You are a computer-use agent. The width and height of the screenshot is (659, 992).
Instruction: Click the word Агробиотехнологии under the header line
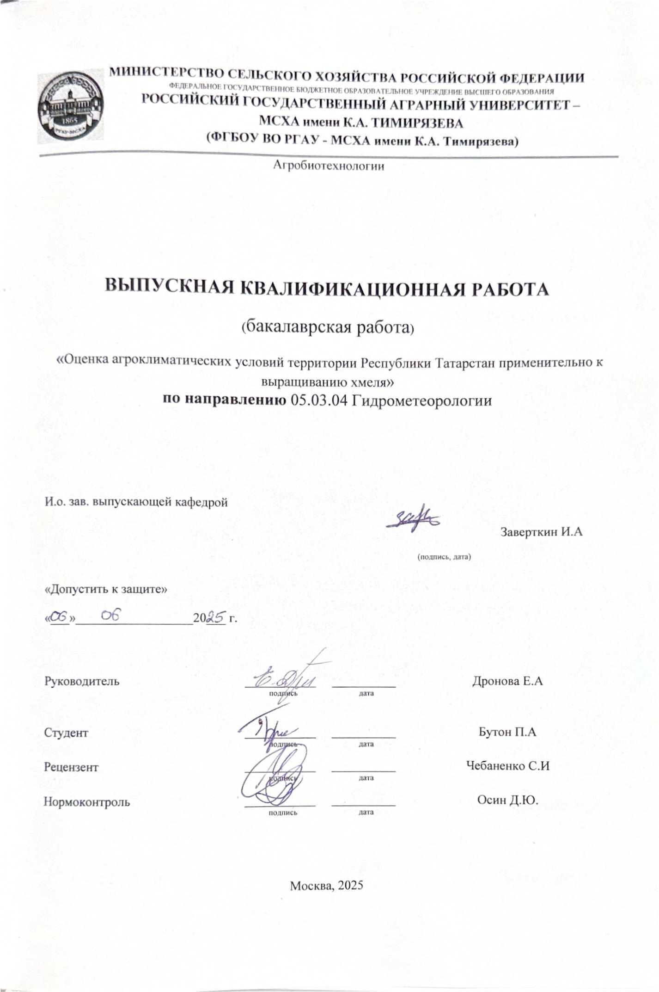click(x=329, y=166)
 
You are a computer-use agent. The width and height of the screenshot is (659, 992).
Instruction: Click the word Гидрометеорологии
click(x=422, y=400)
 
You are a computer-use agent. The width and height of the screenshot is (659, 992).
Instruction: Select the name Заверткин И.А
click(x=541, y=532)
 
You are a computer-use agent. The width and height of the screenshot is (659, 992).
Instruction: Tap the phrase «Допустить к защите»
click(x=105, y=590)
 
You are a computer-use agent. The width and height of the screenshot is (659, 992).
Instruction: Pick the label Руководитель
click(x=81, y=681)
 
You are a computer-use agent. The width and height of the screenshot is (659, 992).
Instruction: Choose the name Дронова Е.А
click(x=507, y=681)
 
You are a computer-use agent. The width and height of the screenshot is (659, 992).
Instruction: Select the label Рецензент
click(x=71, y=768)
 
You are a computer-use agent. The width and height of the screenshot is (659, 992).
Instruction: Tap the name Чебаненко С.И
click(x=508, y=766)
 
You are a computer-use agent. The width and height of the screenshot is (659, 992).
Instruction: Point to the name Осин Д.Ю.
click(x=508, y=801)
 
